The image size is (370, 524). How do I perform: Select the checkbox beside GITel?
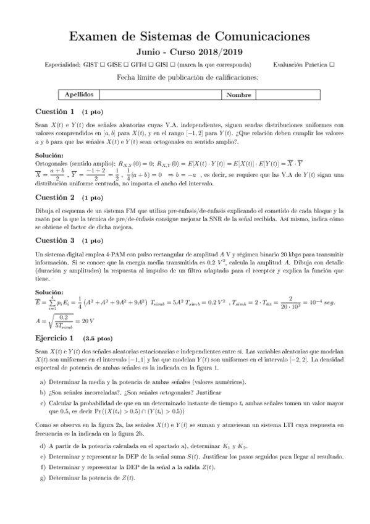click(161, 64)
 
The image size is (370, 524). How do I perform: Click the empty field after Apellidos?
click(159, 95)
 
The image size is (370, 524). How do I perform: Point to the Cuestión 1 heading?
click(56, 112)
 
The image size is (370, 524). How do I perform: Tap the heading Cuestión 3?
click(56, 240)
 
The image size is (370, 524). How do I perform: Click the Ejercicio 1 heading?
click(56, 338)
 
